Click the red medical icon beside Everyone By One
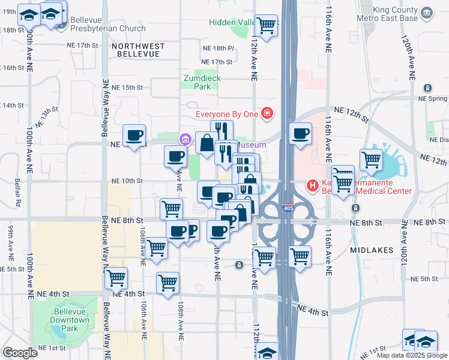coord(267,113)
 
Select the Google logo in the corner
coord(20,353)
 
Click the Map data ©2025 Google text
coord(412,355)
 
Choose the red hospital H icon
coord(313,186)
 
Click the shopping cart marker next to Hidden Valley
coord(266,26)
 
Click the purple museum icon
coord(185,140)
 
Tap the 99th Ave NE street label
coord(10,239)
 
